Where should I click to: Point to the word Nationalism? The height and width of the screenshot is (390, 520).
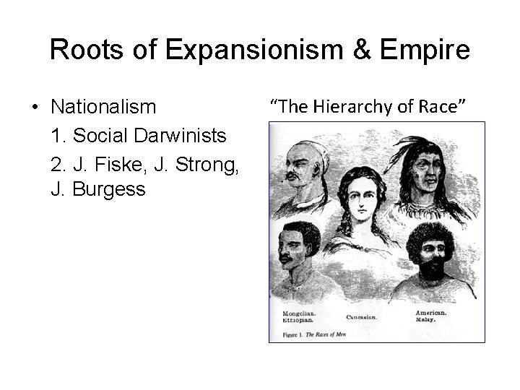(x=103, y=108)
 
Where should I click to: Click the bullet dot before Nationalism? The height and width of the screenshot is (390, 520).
(x=35, y=108)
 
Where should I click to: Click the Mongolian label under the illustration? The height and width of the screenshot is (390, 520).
(x=298, y=313)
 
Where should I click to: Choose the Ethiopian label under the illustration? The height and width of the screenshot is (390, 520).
(x=298, y=319)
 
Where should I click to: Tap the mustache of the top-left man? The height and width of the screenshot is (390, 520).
(x=293, y=175)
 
